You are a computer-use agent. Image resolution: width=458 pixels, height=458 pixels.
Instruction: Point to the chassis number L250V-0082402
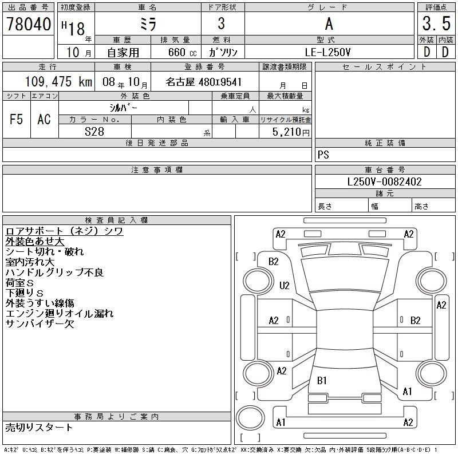click(385, 181)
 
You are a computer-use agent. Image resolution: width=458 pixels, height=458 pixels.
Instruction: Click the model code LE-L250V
click(329, 52)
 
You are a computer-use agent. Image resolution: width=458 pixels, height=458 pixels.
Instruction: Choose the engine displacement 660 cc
click(173, 52)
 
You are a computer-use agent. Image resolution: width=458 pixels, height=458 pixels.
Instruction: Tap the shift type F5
click(17, 119)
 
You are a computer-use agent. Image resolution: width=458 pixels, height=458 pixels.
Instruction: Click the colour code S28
click(94, 132)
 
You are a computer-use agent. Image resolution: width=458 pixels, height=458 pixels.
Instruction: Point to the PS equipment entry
click(323, 155)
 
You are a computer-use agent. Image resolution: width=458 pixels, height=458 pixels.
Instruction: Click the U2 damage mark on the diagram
click(285, 285)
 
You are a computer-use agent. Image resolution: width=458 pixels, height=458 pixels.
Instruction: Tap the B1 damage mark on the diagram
click(322, 380)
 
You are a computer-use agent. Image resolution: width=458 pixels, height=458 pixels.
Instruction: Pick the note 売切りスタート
click(39, 427)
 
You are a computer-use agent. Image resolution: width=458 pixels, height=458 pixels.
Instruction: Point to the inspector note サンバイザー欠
click(40, 323)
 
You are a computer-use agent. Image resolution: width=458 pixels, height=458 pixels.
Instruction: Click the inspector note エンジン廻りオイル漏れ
click(60, 313)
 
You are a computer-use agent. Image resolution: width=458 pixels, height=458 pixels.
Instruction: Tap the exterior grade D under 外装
click(427, 52)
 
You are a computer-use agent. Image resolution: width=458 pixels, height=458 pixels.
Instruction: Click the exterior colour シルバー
click(124, 108)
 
